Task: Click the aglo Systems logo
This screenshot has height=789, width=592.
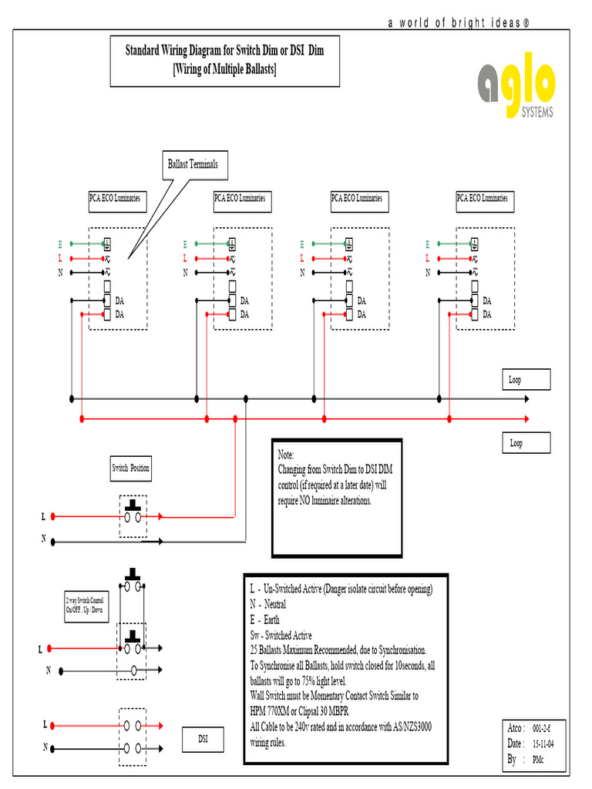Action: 516,90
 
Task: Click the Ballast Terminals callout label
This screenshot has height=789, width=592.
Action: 193,164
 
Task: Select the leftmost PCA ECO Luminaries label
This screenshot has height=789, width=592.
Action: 115,199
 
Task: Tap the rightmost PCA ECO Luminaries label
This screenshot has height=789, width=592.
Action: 483,199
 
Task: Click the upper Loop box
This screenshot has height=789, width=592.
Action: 528,380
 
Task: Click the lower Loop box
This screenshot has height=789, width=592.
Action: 528,443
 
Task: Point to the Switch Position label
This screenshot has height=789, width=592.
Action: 131,468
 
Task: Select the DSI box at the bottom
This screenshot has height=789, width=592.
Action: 203,740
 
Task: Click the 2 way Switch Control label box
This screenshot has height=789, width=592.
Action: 85,605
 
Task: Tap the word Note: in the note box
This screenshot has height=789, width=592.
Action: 286,456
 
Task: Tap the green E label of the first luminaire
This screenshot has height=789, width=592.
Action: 60,244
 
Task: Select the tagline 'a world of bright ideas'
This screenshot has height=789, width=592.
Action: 458,23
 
